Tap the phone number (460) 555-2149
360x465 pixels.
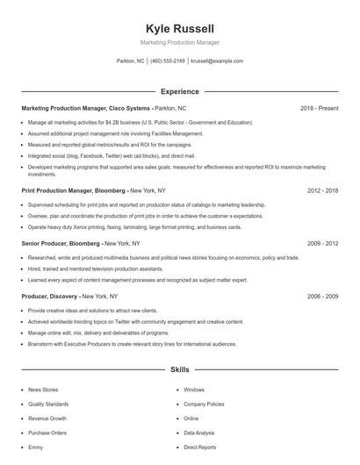[x=168, y=61]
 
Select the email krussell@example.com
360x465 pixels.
[x=216, y=61]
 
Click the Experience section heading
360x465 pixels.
[x=179, y=91]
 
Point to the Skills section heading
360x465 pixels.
[x=179, y=371]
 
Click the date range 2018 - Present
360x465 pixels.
[x=319, y=109]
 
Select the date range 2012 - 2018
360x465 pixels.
[x=322, y=190]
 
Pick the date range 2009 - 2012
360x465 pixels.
[x=322, y=243]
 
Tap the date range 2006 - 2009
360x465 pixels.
[x=322, y=297]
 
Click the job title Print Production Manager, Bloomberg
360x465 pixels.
[x=74, y=190]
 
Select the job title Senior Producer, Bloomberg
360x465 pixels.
[x=61, y=243]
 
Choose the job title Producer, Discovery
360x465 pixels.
[x=52, y=297]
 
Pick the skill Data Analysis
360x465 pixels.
[x=198, y=433]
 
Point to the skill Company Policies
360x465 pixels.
[x=204, y=404]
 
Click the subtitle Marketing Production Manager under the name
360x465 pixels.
[x=179, y=42]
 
